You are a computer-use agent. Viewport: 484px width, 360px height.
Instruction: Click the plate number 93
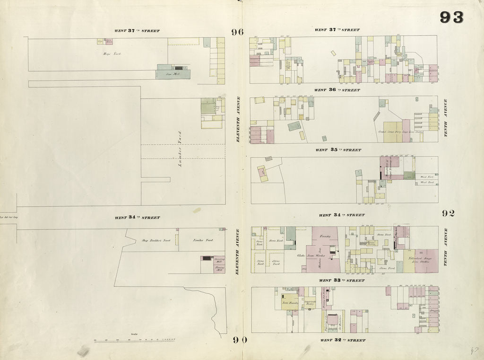[x=451, y=18]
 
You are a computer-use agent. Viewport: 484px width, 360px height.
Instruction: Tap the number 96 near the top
[x=237, y=32]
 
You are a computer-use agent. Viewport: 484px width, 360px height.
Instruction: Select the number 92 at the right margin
[x=448, y=213]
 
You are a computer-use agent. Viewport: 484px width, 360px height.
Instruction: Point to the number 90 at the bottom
[x=240, y=339]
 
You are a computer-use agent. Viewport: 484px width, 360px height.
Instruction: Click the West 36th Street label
[x=337, y=90]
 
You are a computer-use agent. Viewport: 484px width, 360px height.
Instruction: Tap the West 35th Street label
[x=337, y=150]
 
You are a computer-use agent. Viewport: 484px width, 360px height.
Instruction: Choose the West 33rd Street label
[x=342, y=281]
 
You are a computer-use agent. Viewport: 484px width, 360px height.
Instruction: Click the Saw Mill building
[x=173, y=74]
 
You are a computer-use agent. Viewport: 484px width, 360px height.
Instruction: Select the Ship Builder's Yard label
[x=156, y=240]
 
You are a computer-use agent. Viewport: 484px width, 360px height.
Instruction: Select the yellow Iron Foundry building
[x=289, y=302]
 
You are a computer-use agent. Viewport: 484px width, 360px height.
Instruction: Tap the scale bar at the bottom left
[x=135, y=340]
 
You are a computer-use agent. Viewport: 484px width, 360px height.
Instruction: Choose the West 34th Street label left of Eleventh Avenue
[x=137, y=218]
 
